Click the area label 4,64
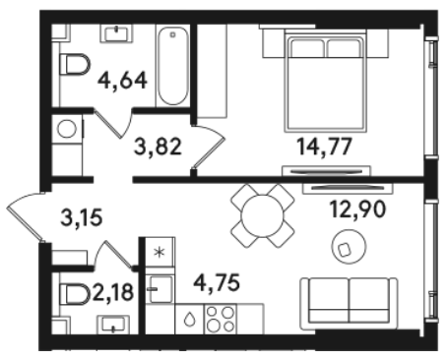[122, 81]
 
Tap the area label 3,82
[158, 147]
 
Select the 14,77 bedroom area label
[324, 147]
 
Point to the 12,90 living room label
[357, 210]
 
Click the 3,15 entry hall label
[82, 217]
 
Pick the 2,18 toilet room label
[113, 292]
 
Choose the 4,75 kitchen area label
[217, 282]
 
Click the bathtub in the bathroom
[173, 67]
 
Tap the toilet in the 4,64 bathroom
[75, 64]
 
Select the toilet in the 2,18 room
[75, 294]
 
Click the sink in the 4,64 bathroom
[117, 33]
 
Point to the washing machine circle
[67, 128]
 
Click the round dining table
[262, 215]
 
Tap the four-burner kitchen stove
[220, 319]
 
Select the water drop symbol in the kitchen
[189, 319]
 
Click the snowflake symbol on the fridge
[160, 252]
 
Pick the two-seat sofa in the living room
[350, 303]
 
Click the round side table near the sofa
[349, 247]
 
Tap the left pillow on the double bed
[307, 48]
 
